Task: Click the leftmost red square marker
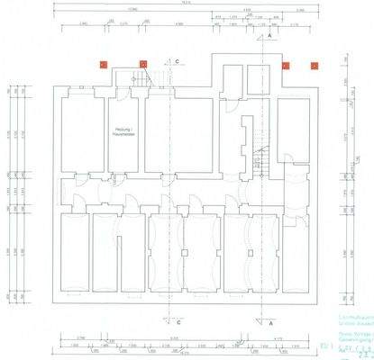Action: point(103,64)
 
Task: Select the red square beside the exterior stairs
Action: point(143,64)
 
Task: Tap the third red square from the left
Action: point(285,65)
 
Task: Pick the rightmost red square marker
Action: point(315,65)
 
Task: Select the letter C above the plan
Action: point(178,60)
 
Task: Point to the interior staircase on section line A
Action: point(264,162)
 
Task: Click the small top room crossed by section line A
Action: point(259,80)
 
